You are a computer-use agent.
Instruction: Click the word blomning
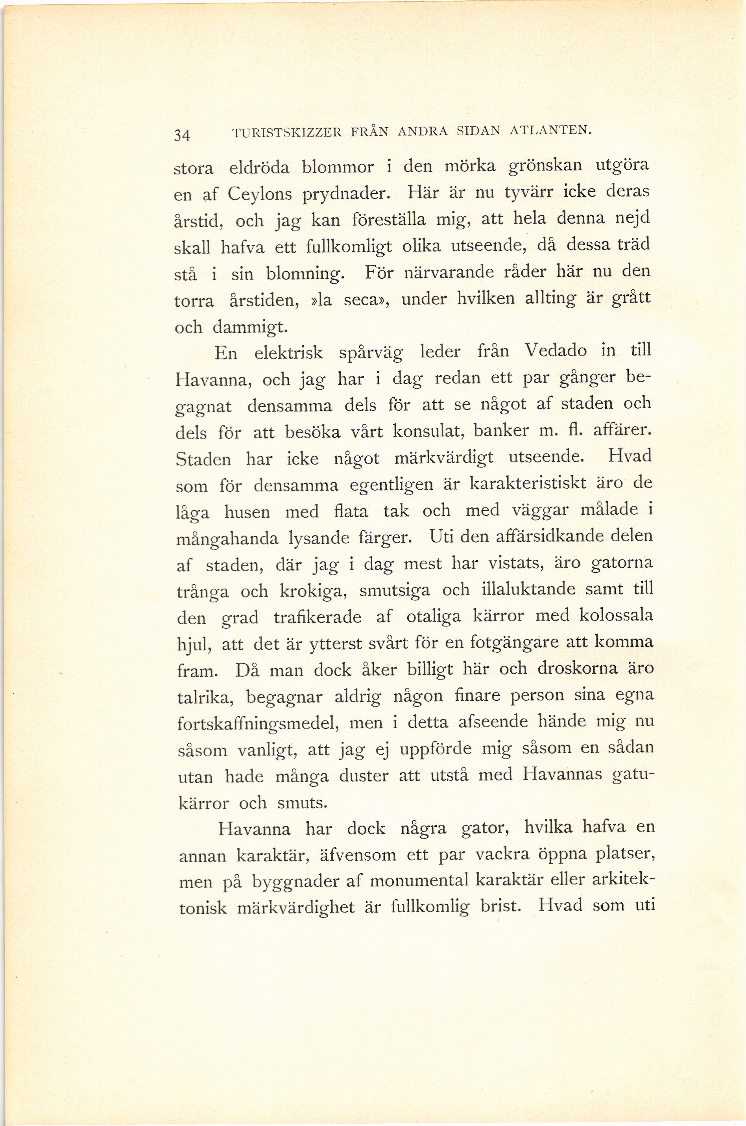[x=305, y=275]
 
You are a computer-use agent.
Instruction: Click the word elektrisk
[x=289, y=353]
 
